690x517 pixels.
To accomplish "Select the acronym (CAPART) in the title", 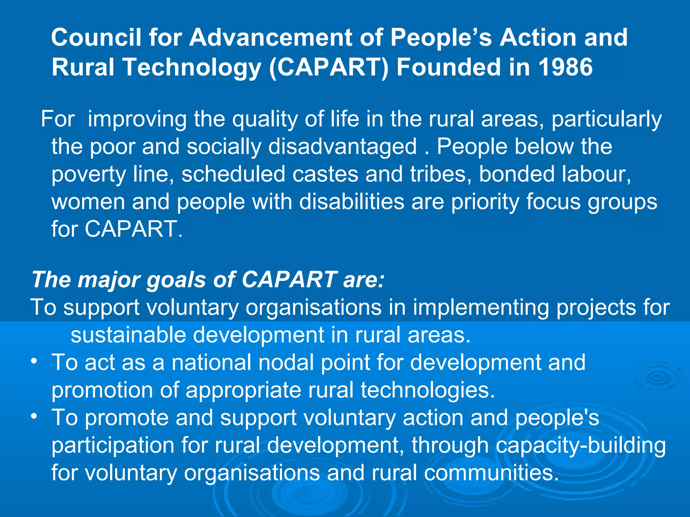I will tap(329, 67).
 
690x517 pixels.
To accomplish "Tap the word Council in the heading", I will tap(96, 37).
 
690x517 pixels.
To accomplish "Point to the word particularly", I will tap(606, 119).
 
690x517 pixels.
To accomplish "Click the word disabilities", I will tap(351, 202).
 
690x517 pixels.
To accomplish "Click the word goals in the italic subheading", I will tap(176, 280).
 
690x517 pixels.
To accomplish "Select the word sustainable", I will tap(128, 335).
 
